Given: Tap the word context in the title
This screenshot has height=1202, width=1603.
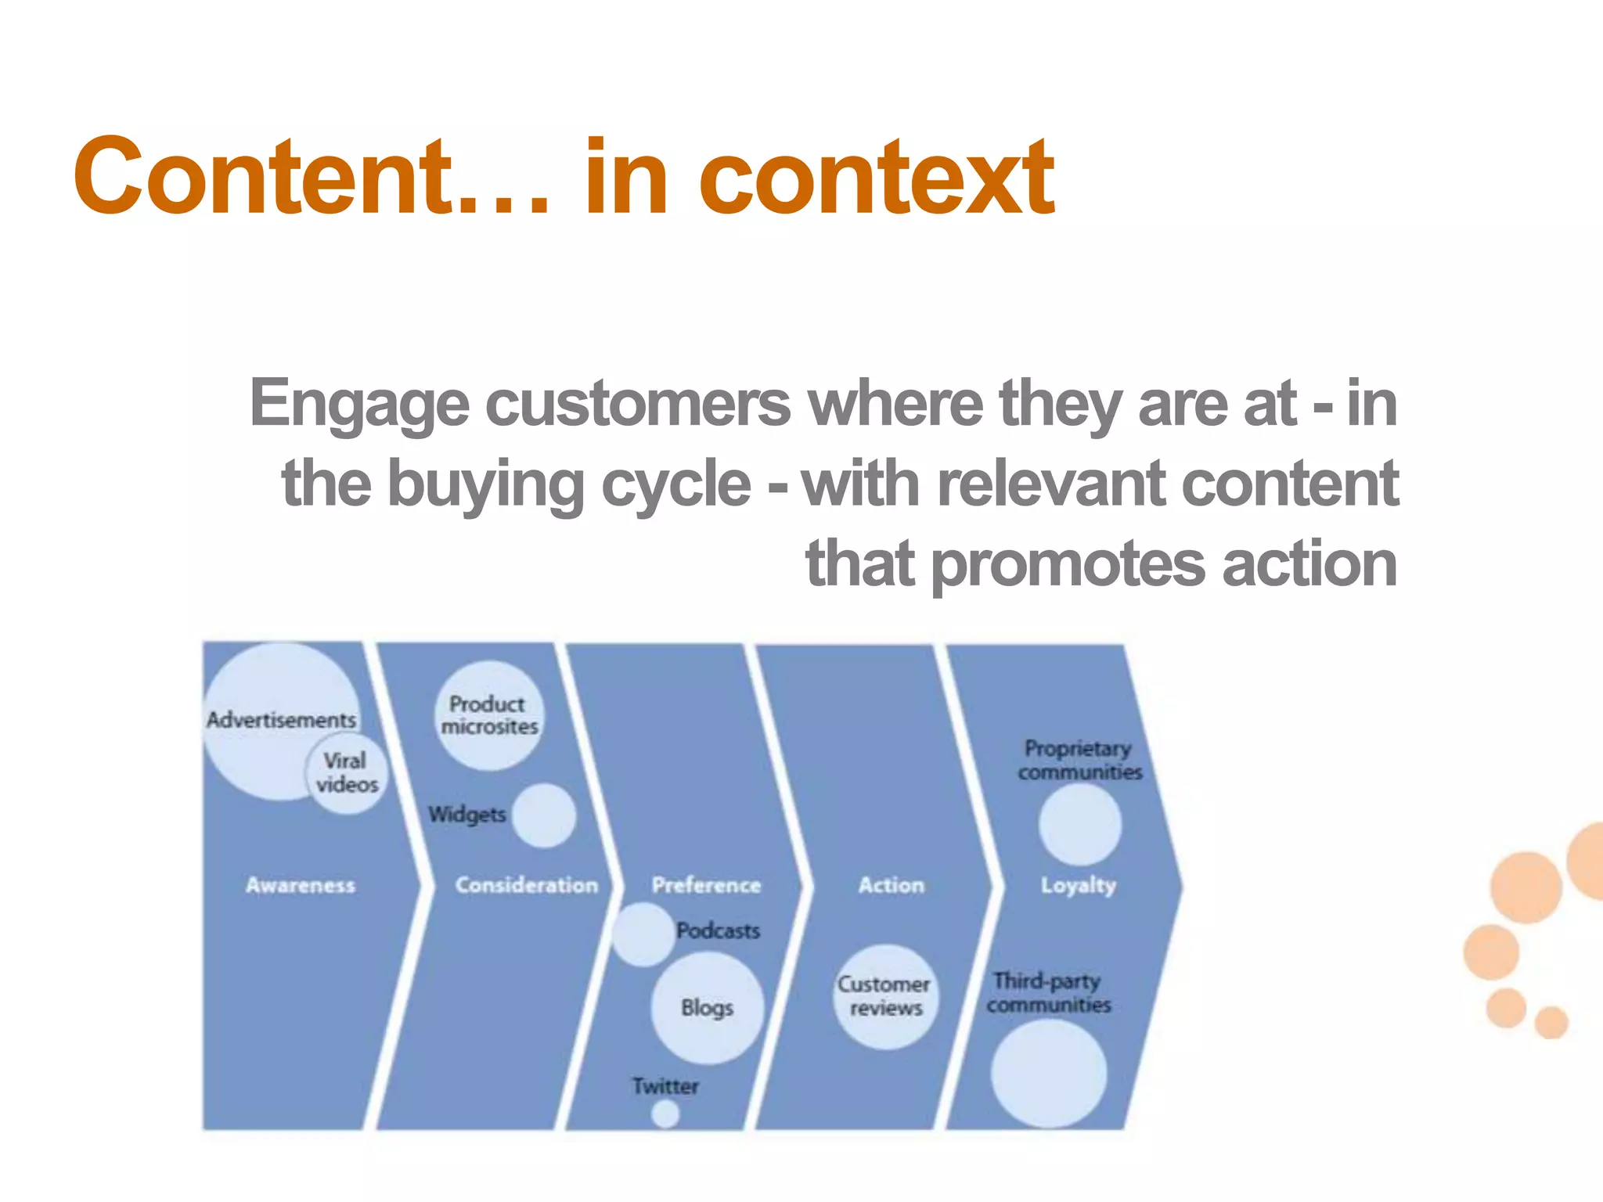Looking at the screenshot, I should (877, 178).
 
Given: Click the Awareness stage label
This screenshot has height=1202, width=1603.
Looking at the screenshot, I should (301, 885).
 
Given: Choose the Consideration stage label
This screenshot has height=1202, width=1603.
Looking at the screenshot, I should (526, 885).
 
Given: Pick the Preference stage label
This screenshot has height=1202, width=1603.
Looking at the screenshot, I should (706, 885).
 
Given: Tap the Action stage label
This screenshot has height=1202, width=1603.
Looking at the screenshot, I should (891, 885).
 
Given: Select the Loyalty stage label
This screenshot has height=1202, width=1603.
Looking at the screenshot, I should (1078, 885).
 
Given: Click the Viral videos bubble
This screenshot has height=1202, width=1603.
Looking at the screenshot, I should (346, 773).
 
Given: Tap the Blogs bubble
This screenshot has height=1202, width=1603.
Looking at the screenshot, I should (707, 1007).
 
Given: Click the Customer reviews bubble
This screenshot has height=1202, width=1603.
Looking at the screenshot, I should (885, 996).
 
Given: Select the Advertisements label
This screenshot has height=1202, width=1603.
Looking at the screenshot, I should (281, 719).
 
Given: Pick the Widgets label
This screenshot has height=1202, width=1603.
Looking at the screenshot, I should (467, 814).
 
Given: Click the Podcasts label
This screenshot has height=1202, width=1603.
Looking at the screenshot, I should (718, 930).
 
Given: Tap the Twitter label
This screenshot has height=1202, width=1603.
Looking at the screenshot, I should (665, 1085).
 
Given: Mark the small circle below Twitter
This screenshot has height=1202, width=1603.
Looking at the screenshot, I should (665, 1114).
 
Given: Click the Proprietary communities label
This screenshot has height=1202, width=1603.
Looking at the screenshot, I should (1079, 760).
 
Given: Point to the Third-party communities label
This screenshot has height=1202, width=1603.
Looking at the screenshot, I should (1049, 992).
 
